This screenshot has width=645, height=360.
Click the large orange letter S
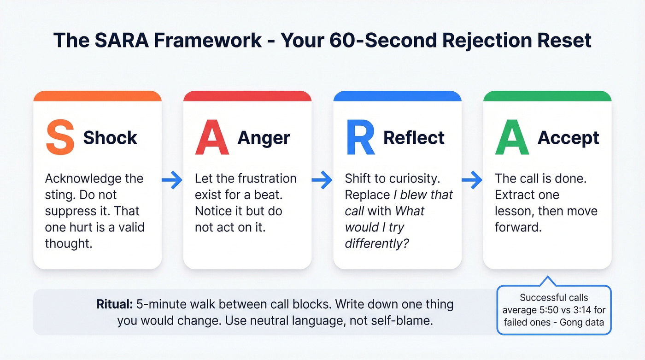click(x=60, y=137)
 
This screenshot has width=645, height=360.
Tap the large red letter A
click(x=212, y=137)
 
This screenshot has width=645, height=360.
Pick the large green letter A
click(x=512, y=137)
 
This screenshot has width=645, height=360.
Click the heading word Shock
click(x=110, y=138)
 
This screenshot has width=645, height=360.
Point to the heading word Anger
click(x=264, y=138)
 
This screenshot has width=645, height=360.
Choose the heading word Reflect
click(x=414, y=138)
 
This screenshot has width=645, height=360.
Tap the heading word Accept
click(x=569, y=138)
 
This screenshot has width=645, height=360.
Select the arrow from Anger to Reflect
click(x=322, y=180)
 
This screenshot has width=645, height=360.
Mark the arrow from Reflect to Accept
click(x=472, y=180)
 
